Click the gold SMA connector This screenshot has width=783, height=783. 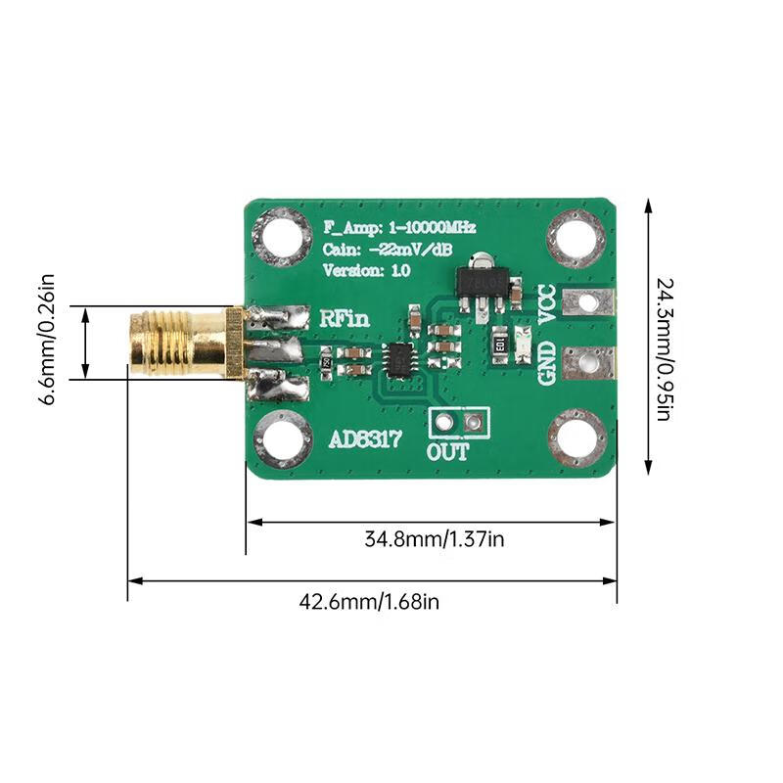pyautogui.click(x=181, y=343)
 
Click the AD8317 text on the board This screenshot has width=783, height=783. pyautogui.click(x=363, y=440)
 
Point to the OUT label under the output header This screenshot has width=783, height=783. pyautogui.click(x=447, y=452)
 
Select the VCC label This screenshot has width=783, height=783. pyautogui.click(x=548, y=304)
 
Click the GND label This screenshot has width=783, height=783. pyautogui.click(x=548, y=363)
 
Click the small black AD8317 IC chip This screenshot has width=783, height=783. pyautogui.click(x=399, y=359)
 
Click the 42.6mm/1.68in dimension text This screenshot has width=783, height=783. pyautogui.click(x=369, y=601)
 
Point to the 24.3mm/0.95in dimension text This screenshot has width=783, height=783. pyautogui.click(x=663, y=349)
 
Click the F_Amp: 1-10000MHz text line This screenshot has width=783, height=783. pyautogui.click(x=399, y=227)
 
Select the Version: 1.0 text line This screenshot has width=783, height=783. pyautogui.click(x=368, y=271)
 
